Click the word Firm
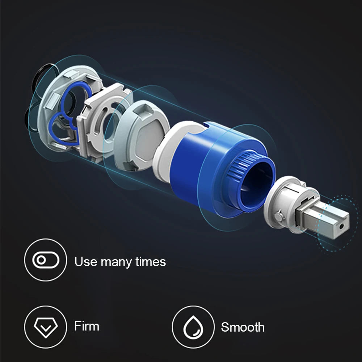(87, 326)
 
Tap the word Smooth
(243, 327)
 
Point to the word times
(151, 262)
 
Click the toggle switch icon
(46, 260)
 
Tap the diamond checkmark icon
(46, 328)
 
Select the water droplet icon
(193, 328)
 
